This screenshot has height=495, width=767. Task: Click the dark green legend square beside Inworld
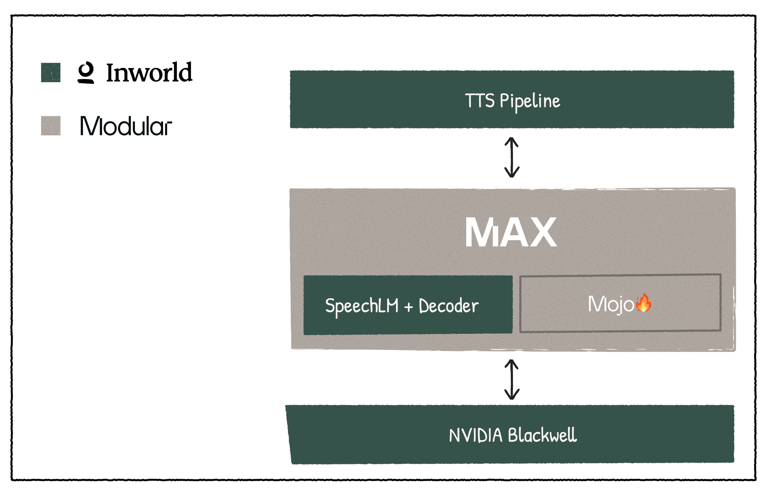tap(51, 72)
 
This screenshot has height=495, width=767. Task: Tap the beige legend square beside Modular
tap(51, 125)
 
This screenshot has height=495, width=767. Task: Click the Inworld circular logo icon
tap(86, 72)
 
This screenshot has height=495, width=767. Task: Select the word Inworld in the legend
tap(149, 72)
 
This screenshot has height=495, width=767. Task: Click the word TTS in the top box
tap(479, 101)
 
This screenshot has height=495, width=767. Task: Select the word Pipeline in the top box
tap(530, 101)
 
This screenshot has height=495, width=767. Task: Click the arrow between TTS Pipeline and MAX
tap(512, 158)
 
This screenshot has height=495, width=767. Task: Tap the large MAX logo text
tap(511, 232)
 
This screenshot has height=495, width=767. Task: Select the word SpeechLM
tap(362, 306)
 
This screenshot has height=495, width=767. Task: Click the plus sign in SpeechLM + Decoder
tap(408, 307)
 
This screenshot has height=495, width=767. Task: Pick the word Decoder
tap(449, 306)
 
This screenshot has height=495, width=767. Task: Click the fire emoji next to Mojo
tap(644, 303)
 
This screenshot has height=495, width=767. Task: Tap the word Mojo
tap(610, 304)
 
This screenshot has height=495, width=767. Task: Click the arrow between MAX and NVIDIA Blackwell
tap(512, 379)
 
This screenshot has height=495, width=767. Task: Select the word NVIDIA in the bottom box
tap(475, 435)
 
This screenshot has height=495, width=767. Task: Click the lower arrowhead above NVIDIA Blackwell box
tap(512, 395)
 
